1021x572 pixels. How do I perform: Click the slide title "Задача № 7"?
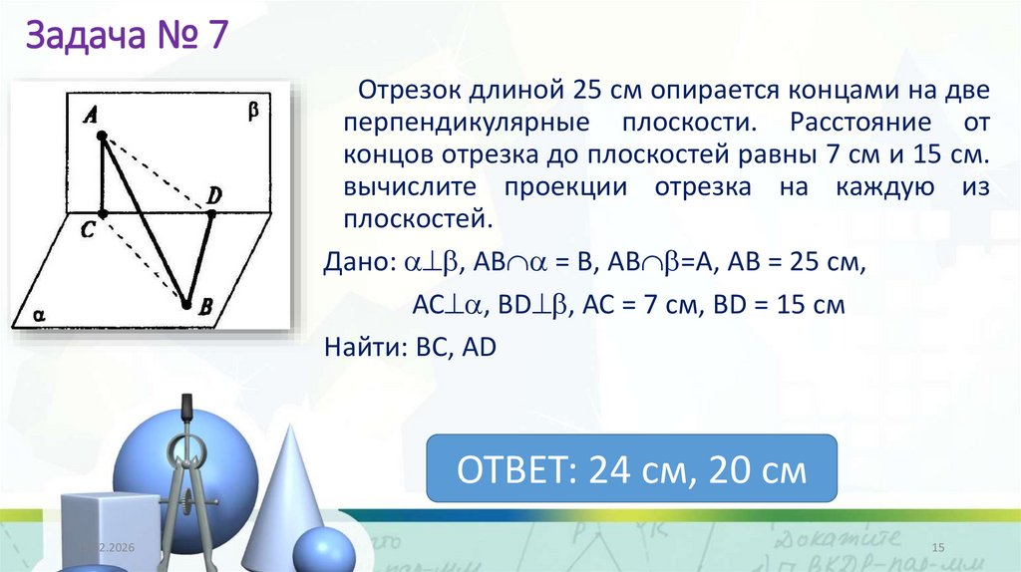pos(127,41)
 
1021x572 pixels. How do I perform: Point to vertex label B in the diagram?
pos(204,311)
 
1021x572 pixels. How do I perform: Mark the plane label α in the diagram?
pos(41,314)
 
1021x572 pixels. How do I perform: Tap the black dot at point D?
pos(211,211)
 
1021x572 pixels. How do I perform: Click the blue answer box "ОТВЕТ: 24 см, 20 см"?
pos(631,468)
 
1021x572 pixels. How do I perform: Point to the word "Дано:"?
pos(359,262)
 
